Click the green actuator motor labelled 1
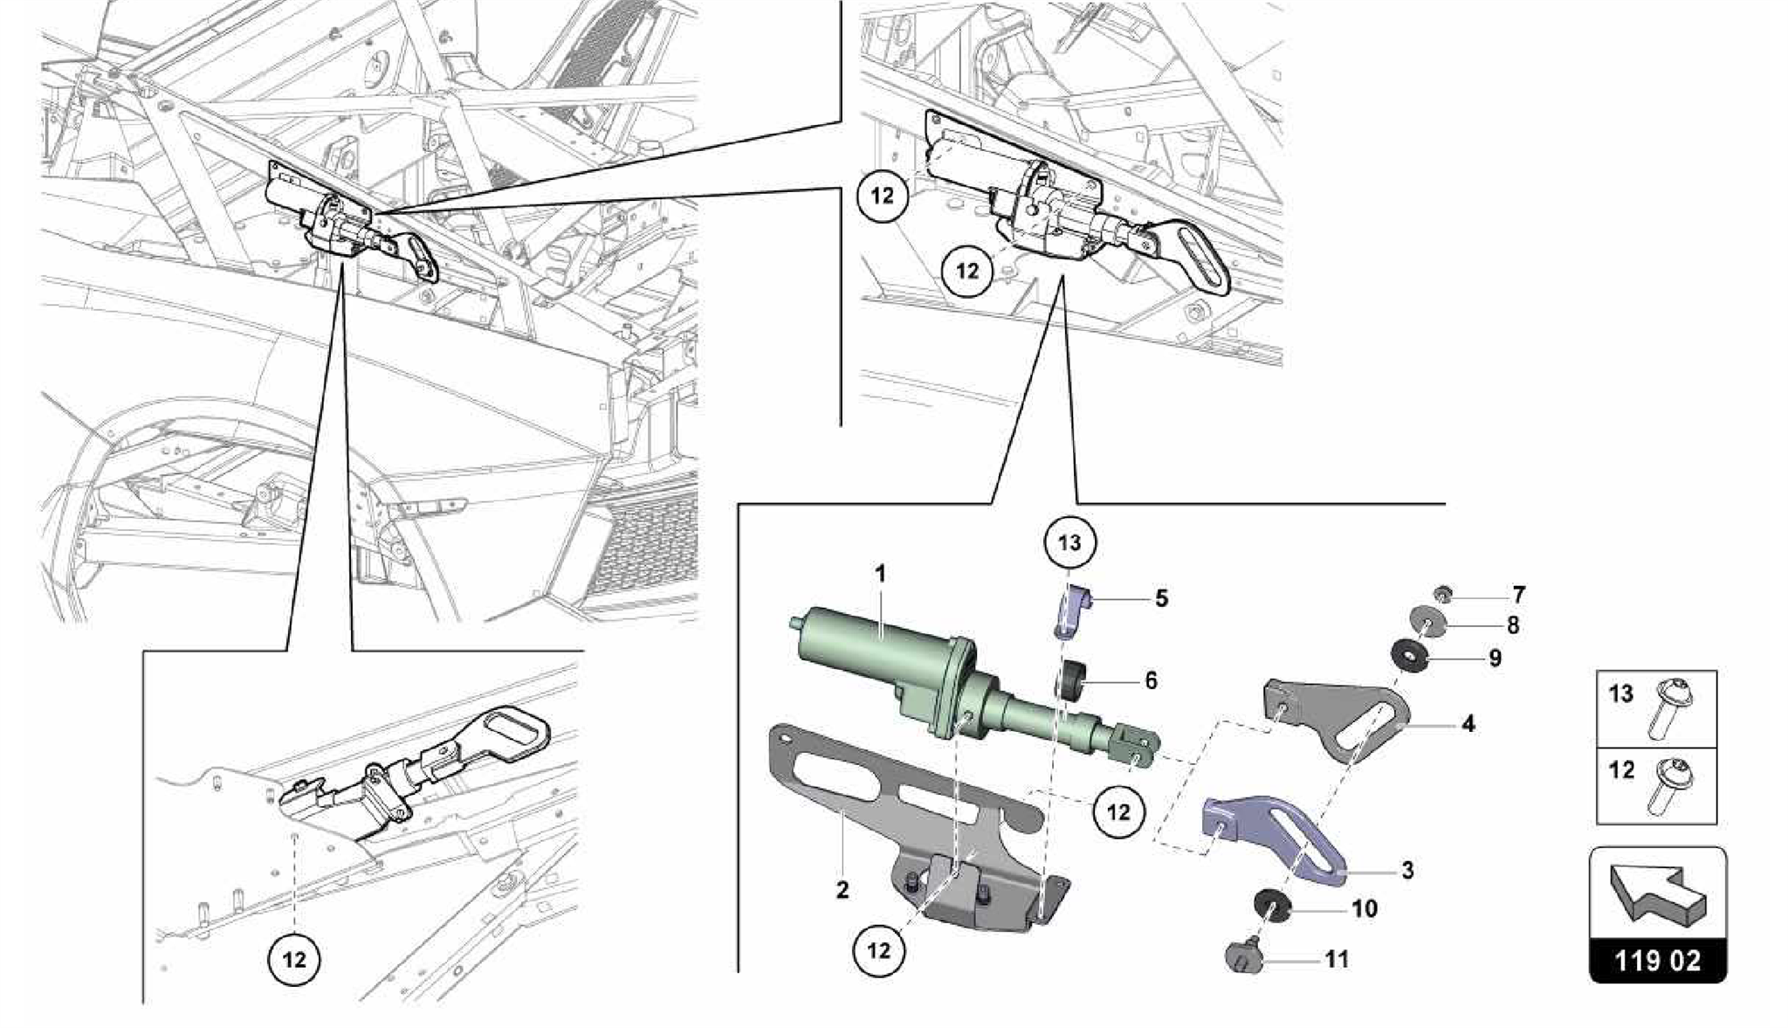[882, 665]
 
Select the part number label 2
[842, 890]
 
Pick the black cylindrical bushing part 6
[1070, 680]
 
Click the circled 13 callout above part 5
[1069, 542]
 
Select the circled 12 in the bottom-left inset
[294, 960]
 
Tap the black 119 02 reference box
[1657, 962]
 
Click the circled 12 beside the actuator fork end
[1118, 811]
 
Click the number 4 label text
[1468, 723]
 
